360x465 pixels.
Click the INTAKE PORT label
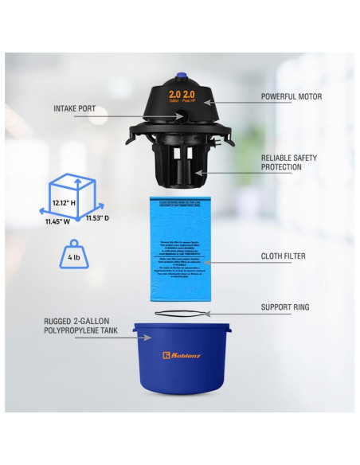click(x=75, y=108)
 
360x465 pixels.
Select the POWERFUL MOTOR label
click(x=292, y=96)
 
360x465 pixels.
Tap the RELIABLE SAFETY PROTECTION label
click(x=288, y=163)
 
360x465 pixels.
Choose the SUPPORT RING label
click(x=286, y=306)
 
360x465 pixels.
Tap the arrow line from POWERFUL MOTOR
click(x=231, y=99)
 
